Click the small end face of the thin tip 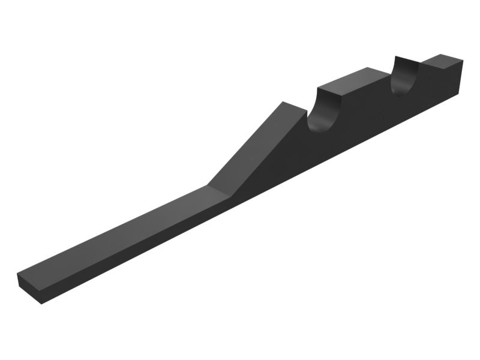[x=29, y=287]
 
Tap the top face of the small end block [x=442, y=59]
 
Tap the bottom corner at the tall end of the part [x=461, y=93]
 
